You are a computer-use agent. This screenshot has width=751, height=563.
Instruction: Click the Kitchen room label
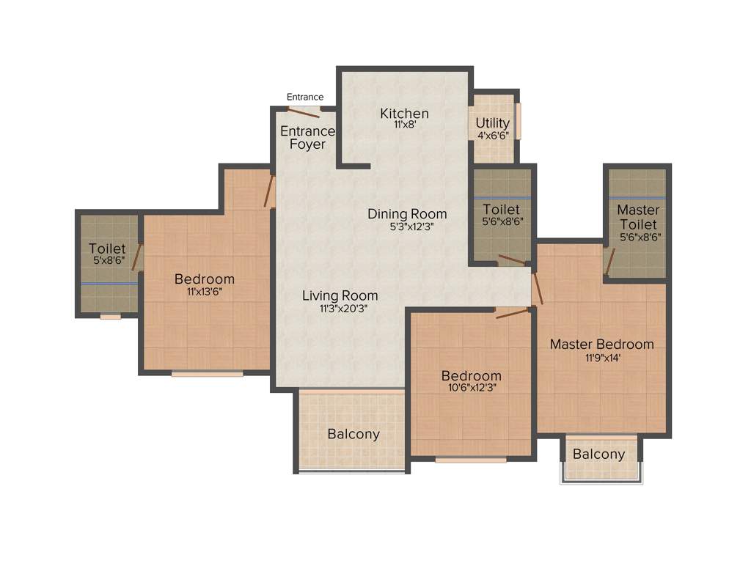click(404, 114)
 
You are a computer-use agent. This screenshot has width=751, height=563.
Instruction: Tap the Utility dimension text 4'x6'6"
click(493, 135)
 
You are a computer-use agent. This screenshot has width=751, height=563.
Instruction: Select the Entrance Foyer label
click(307, 138)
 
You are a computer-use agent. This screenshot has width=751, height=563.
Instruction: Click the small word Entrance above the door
click(305, 97)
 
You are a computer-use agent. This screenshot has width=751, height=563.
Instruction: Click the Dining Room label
click(407, 214)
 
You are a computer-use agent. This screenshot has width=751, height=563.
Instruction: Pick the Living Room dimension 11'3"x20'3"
click(340, 309)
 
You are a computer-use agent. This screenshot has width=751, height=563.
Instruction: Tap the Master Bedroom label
click(601, 345)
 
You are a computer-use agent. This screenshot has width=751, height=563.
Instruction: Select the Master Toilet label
click(637, 217)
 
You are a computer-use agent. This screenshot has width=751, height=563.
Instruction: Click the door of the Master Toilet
click(609, 260)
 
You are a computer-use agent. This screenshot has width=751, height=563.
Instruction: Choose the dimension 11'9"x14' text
click(601, 358)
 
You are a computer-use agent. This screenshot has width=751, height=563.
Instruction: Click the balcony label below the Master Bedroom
click(599, 455)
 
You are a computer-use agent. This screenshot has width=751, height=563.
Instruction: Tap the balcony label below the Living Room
click(353, 434)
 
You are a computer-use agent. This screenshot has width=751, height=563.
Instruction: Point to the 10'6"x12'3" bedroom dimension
click(470, 388)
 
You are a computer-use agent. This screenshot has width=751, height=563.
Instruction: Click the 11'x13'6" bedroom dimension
click(205, 292)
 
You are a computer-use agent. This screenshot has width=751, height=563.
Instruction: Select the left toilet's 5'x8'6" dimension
click(107, 260)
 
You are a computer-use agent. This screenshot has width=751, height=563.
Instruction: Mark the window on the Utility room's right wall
click(518, 121)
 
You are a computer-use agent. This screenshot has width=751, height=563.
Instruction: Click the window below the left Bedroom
click(208, 374)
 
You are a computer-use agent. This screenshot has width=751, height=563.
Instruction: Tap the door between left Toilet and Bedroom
click(136, 258)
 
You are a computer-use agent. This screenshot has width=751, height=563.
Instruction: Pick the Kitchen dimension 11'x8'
click(405, 125)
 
